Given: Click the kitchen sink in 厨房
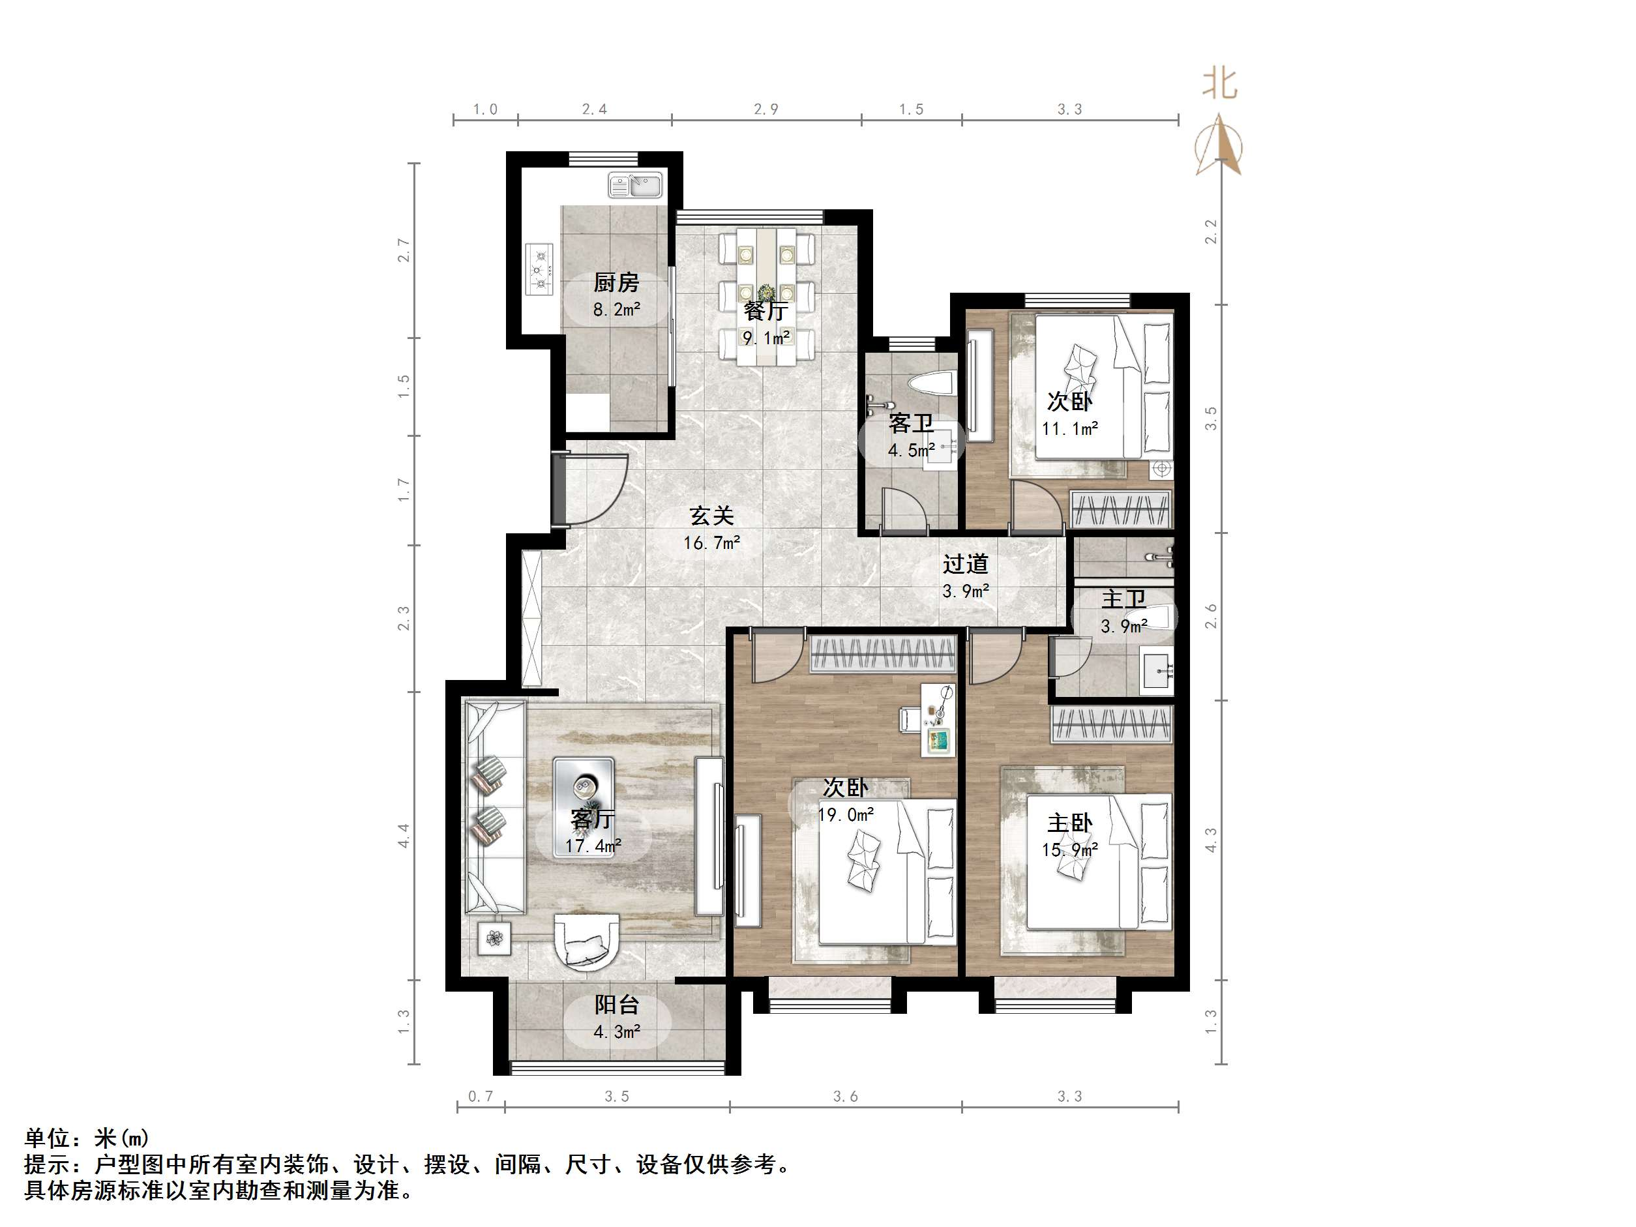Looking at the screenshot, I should pyautogui.click(x=635, y=186).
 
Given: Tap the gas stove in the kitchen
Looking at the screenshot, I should pyautogui.click(x=540, y=269).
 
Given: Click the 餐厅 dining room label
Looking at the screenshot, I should pyautogui.click(x=766, y=312).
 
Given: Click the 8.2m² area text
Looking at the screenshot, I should pyautogui.click(x=616, y=309).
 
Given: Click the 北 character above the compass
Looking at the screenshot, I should pyautogui.click(x=1219, y=83).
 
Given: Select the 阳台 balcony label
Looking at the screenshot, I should pyautogui.click(x=617, y=1005).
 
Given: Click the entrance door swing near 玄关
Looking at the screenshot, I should pyautogui.click(x=591, y=488).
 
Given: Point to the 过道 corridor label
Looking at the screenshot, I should pyautogui.click(x=965, y=565).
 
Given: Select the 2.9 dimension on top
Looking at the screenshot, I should pyautogui.click(x=766, y=110).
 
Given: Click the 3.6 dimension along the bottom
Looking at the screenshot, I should pyautogui.click(x=845, y=1096).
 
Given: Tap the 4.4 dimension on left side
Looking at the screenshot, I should pyautogui.click(x=404, y=836).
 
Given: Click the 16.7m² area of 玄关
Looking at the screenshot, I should pyautogui.click(x=711, y=543).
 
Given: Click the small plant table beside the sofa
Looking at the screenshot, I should pyautogui.click(x=494, y=939).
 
